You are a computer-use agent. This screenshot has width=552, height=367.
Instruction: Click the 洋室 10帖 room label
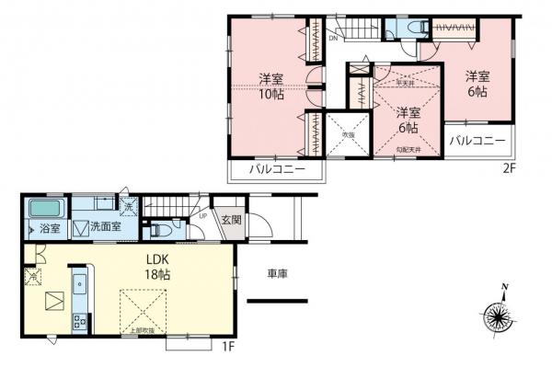269,85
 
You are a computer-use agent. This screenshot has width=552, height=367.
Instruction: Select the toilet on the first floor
159,229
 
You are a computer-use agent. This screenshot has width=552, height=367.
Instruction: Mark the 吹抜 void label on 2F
349,134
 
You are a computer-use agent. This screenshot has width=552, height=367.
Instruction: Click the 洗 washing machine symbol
128,203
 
